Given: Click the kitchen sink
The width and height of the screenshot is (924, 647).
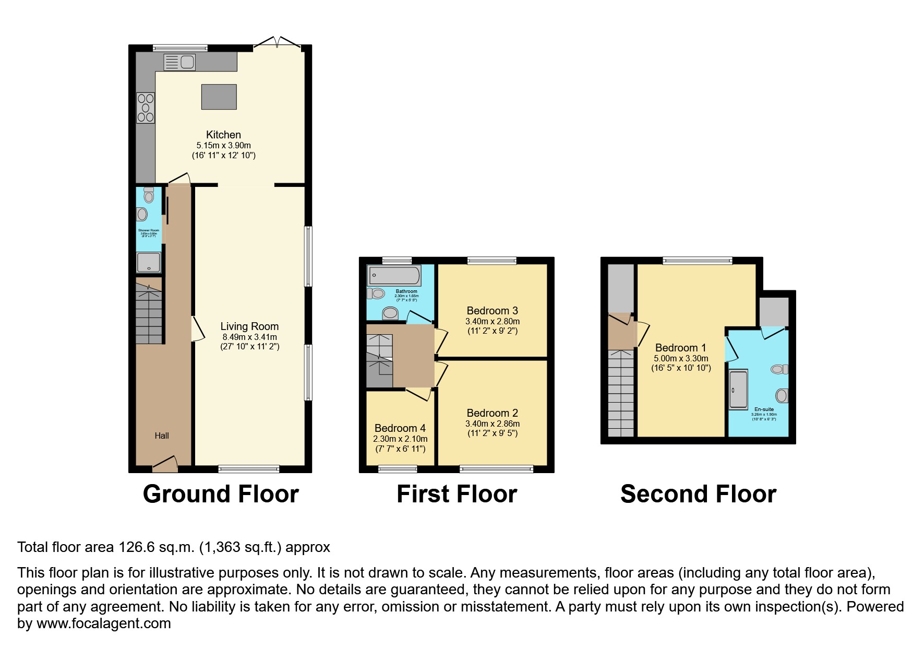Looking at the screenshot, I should pyautogui.click(x=179, y=62).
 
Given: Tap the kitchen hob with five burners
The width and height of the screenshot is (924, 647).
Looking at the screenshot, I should pyautogui.click(x=146, y=108).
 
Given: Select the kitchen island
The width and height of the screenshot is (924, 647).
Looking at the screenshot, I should pyautogui.click(x=219, y=97).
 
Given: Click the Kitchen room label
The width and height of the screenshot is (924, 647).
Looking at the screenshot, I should pyautogui.click(x=223, y=135).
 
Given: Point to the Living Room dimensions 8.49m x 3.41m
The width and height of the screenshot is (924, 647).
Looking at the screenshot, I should pyautogui.click(x=249, y=337).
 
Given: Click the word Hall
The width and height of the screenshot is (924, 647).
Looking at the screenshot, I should pyautogui.click(x=162, y=436).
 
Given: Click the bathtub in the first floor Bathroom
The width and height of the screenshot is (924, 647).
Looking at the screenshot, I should pyautogui.click(x=394, y=275).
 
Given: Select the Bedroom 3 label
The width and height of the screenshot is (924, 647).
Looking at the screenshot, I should pyautogui.click(x=492, y=311).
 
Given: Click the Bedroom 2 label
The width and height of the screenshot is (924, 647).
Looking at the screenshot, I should pyautogui.click(x=492, y=413).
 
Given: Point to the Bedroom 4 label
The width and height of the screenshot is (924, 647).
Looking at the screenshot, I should pyautogui.click(x=400, y=428).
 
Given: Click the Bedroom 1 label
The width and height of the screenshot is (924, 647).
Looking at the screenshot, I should pyautogui.click(x=680, y=348).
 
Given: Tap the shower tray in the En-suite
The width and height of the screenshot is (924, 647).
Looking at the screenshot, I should pyautogui.click(x=738, y=390).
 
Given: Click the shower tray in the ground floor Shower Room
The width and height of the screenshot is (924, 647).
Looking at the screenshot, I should pyautogui.click(x=149, y=262).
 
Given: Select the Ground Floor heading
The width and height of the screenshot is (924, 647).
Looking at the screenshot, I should pyautogui.click(x=221, y=494).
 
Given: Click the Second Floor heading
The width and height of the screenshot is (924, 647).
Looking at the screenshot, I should pyautogui.click(x=698, y=494).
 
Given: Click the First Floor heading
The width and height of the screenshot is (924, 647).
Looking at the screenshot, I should pyautogui.click(x=457, y=494).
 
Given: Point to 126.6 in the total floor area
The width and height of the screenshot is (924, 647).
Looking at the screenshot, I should pyautogui.click(x=137, y=547).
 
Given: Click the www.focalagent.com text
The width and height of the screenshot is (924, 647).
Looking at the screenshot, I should pyautogui.click(x=103, y=624).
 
